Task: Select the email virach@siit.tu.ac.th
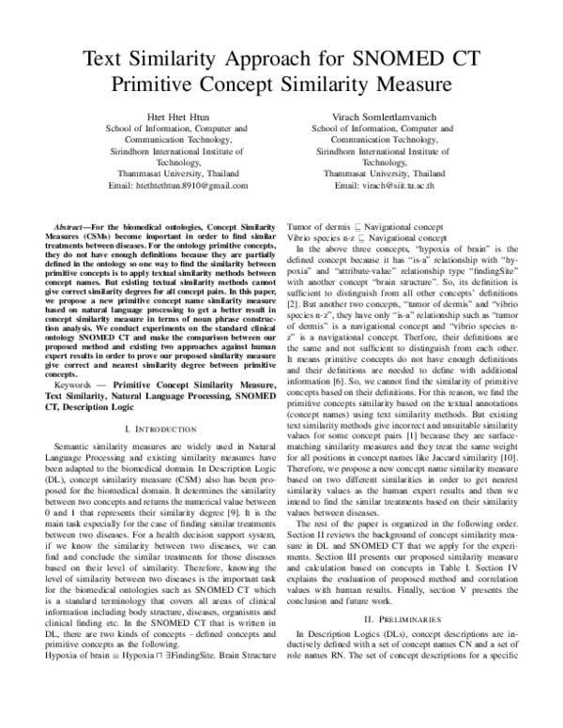point(383,187)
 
